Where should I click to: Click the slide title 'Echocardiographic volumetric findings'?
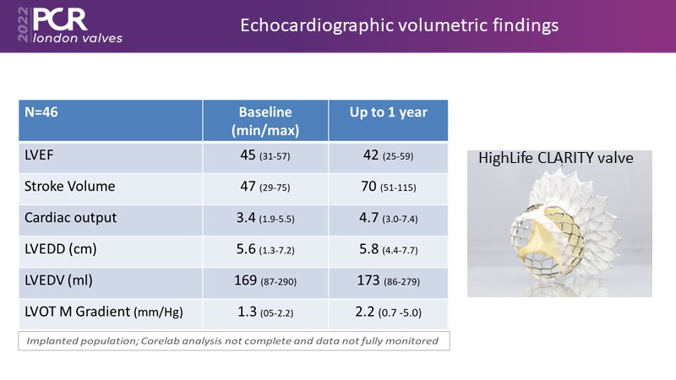click(400, 26)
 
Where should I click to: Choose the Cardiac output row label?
click(71, 217)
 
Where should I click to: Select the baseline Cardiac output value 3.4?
click(248, 217)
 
